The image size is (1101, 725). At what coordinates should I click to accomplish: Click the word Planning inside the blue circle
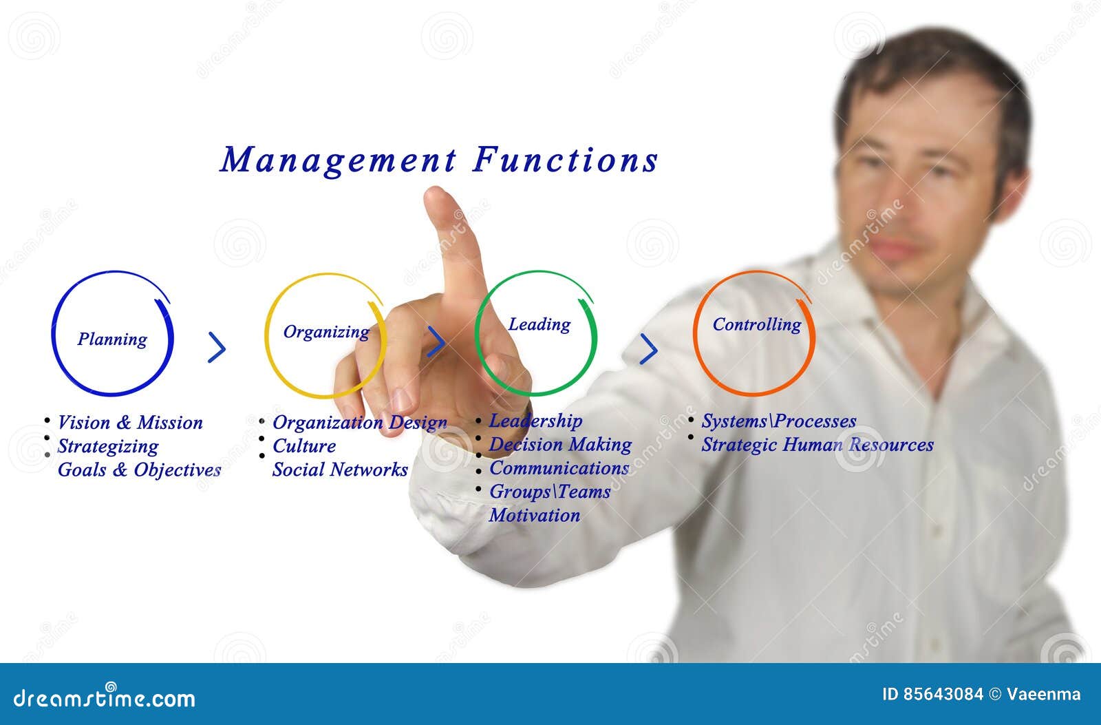click(x=112, y=339)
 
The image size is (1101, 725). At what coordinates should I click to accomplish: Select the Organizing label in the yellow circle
click(x=326, y=332)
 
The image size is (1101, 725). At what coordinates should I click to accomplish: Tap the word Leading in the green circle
click(x=539, y=324)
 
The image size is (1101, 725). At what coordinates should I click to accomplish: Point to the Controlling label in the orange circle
click(x=756, y=324)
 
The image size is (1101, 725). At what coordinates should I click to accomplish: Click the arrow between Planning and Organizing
click(x=217, y=348)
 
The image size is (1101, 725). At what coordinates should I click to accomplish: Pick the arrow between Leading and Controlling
click(x=648, y=349)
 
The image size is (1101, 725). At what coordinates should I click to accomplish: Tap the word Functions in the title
click(x=566, y=160)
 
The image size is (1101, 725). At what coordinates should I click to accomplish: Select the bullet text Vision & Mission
click(x=130, y=422)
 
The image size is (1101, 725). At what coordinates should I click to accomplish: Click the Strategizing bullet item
click(x=108, y=446)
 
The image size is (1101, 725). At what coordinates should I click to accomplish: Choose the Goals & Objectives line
click(x=139, y=470)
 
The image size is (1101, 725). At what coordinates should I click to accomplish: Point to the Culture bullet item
click(x=304, y=446)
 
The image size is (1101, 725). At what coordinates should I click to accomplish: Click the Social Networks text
click(x=340, y=470)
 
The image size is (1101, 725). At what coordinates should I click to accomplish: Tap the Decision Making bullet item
click(x=560, y=445)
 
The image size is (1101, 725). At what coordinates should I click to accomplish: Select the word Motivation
click(x=535, y=515)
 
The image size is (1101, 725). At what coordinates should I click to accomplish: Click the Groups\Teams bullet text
click(x=550, y=492)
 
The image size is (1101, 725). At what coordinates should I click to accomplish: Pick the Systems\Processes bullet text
click(x=778, y=421)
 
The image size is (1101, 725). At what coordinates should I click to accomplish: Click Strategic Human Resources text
click(x=817, y=445)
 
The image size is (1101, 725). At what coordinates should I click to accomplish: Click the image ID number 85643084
click(x=932, y=694)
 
